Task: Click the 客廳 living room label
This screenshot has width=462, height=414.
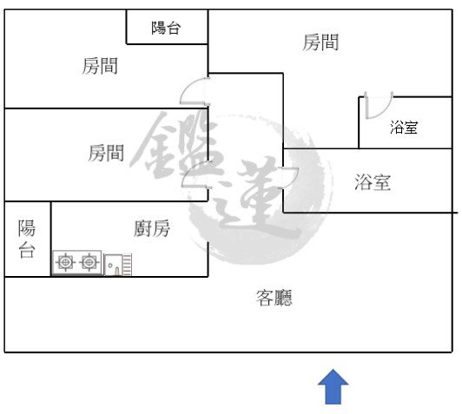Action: click(x=274, y=298)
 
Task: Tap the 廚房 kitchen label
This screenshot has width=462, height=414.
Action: click(x=152, y=228)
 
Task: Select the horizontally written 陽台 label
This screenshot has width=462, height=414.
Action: click(x=166, y=28)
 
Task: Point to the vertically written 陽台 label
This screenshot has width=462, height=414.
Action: click(x=27, y=239)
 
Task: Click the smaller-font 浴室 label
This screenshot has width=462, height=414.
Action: click(x=404, y=128)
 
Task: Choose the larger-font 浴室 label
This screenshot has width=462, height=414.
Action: click(x=373, y=181)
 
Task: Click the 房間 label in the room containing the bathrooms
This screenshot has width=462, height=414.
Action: click(x=320, y=42)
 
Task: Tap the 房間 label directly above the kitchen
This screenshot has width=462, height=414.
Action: click(x=106, y=153)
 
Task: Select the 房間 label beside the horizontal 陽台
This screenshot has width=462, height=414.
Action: click(x=100, y=66)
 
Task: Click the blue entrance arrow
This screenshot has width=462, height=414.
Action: click(x=333, y=386)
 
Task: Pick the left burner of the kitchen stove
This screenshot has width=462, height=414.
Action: click(x=65, y=262)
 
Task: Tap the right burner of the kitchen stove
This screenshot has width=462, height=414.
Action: click(x=89, y=262)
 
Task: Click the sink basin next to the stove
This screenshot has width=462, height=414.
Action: click(x=113, y=265)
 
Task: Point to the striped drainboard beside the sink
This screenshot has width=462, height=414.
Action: click(x=127, y=265)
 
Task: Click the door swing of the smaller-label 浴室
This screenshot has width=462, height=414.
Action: click(x=379, y=106)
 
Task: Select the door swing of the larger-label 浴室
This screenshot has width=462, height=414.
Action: click(x=291, y=178)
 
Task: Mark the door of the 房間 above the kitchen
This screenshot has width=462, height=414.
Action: click(x=195, y=174)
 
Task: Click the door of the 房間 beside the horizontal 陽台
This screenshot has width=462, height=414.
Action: click(x=195, y=91)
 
